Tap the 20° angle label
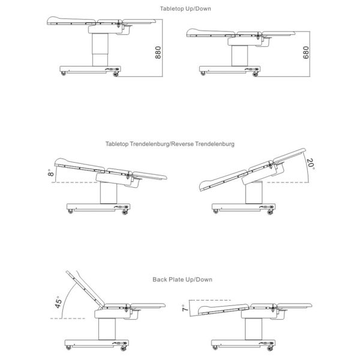(x=310, y=165)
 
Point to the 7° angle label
(x=184, y=308)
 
